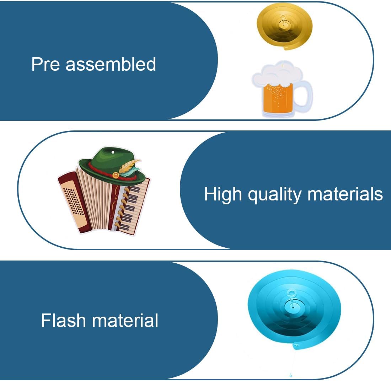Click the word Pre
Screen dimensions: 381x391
pyautogui.click(x=45, y=64)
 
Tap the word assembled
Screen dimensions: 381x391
pyautogui.click(x=111, y=64)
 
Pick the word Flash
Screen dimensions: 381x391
pyautogui.click(x=64, y=320)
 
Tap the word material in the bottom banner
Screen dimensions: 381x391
pyautogui.click(x=125, y=320)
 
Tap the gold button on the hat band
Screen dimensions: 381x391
pyautogui.click(x=116, y=175)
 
